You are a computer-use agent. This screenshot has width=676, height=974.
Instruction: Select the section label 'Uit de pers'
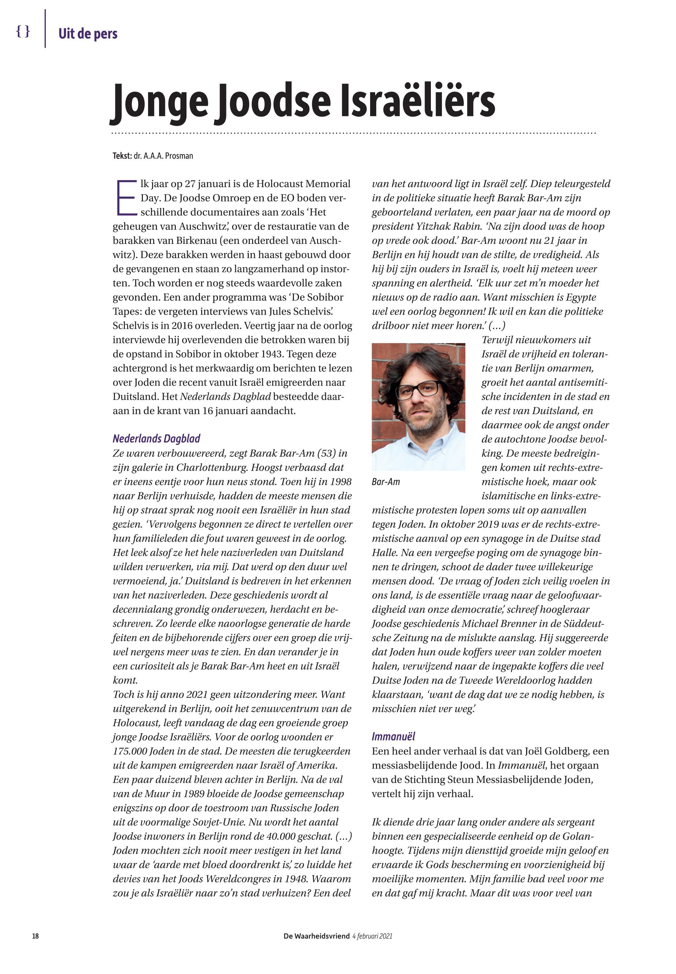pyautogui.click(x=88, y=33)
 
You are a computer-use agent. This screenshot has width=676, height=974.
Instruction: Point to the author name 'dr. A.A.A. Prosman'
pyautogui.click(x=163, y=156)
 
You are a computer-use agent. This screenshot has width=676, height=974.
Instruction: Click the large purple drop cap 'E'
pyautogui.click(x=126, y=198)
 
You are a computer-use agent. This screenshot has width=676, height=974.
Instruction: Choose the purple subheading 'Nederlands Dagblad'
pyautogui.click(x=156, y=439)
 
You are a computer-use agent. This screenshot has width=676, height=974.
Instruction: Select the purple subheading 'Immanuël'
pyautogui.click(x=393, y=736)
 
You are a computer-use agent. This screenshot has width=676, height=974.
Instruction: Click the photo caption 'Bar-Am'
pyautogui.click(x=385, y=482)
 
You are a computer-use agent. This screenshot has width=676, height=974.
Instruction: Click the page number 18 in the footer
pyautogui.click(x=36, y=936)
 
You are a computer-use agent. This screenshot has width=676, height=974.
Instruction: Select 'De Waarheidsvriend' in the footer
pyautogui.click(x=317, y=936)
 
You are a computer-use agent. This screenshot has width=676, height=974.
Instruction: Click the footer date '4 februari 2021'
pyautogui.click(x=372, y=936)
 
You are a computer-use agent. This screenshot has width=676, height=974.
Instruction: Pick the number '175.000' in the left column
pyautogui.click(x=130, y=751)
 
